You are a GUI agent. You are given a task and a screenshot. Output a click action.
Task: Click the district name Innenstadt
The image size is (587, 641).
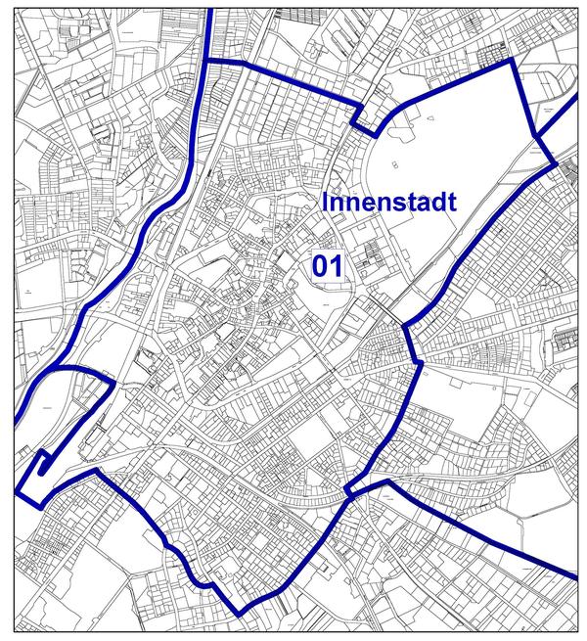tap(389, 203)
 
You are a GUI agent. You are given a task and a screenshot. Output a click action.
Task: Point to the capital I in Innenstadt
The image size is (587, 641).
tap(325, 203)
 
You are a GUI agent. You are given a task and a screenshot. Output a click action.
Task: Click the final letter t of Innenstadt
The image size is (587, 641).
tap(454, 203)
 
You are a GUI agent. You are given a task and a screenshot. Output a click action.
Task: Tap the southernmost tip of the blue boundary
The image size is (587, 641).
tap(241, 615)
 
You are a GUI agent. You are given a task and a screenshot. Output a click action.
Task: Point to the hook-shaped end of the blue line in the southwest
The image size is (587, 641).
tap(44, 460)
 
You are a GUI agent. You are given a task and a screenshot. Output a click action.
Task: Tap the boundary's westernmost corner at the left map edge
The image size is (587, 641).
tap(18, 491)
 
